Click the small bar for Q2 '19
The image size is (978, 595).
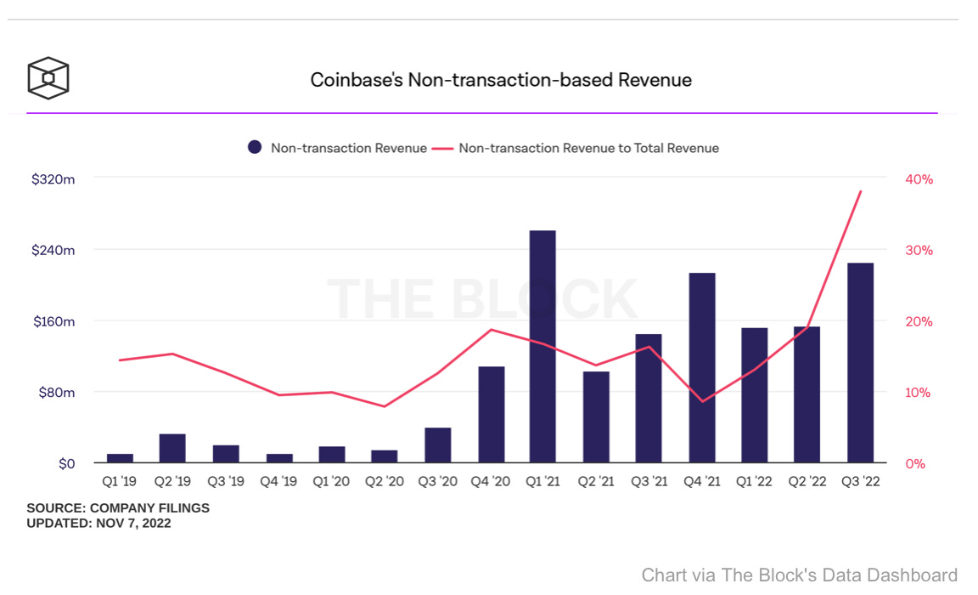coord(172,449)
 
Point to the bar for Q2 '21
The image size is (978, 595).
coord(596,417)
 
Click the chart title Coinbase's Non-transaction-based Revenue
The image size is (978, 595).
coord(501,80)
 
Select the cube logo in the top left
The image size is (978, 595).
coord(48,78)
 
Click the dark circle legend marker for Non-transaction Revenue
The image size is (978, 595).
coord(255,148)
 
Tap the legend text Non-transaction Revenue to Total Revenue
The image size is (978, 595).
coord(588,148)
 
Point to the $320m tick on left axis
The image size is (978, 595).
coord(53,179)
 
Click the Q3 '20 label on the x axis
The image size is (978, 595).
coord(437,481)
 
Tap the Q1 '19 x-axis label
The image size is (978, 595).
coord(119,481)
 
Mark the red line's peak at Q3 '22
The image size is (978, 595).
coord(861,191)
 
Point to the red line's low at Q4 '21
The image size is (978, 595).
coord(702,401)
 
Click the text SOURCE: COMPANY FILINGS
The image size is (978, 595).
coord(118,508)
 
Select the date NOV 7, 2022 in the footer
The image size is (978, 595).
coord(132,524)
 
